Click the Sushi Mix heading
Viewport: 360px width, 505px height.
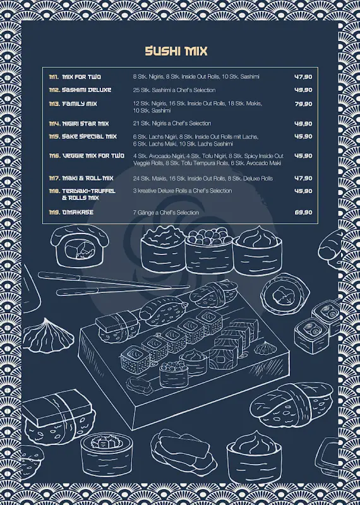click(x=176, y=51)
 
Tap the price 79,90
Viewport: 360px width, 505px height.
click(x=303, y=104)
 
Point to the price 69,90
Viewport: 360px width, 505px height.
click(x=303, y=212)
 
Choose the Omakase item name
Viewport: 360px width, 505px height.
click(x=77, y=212)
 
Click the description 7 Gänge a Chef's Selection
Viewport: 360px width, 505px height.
click(x=165, y=213)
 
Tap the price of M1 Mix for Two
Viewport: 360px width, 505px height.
click(x=303, y=76)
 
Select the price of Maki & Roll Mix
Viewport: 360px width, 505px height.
click(x=303, y=178)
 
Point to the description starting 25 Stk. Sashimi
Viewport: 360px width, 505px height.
click(x=174, y=90)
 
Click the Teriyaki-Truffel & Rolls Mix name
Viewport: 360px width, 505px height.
click(x=88, y=194)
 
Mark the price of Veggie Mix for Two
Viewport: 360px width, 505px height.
click(x=303, y=155)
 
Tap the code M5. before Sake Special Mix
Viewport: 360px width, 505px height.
click(x=54, y=136)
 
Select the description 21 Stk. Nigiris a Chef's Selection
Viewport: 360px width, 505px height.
click(x=172, y=124)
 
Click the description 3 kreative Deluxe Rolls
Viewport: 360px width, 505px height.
click(x=182, y=191)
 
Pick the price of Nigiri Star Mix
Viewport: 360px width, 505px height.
click(x=303, y=124)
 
